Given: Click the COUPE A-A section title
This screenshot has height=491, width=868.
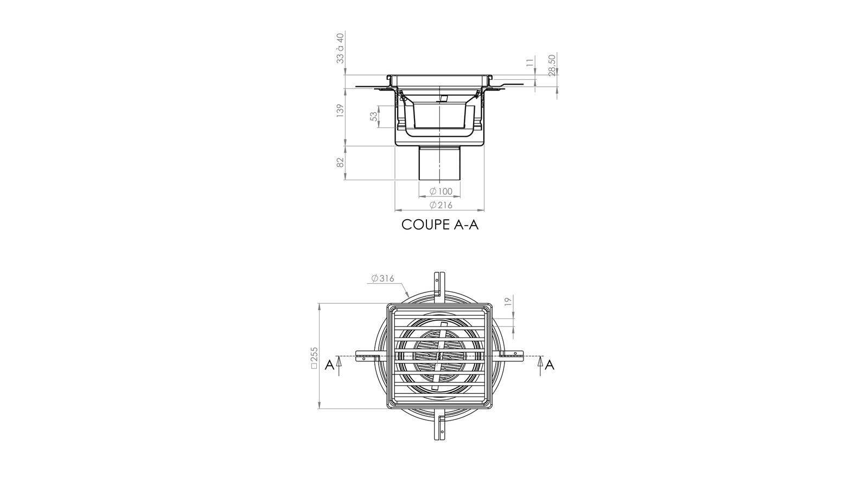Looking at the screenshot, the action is (440, 225).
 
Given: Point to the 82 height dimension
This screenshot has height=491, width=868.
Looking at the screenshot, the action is (340, 162).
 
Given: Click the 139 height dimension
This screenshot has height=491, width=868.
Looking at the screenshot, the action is (340, 111).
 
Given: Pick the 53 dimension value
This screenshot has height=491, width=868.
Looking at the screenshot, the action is (374, 117).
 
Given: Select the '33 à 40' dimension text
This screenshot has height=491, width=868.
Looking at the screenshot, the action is (340, 48).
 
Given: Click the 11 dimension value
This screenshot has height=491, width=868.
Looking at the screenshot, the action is (530, 62).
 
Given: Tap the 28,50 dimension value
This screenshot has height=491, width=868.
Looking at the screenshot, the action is (552, 65).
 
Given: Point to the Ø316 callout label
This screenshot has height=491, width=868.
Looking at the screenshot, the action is (382, 278).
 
